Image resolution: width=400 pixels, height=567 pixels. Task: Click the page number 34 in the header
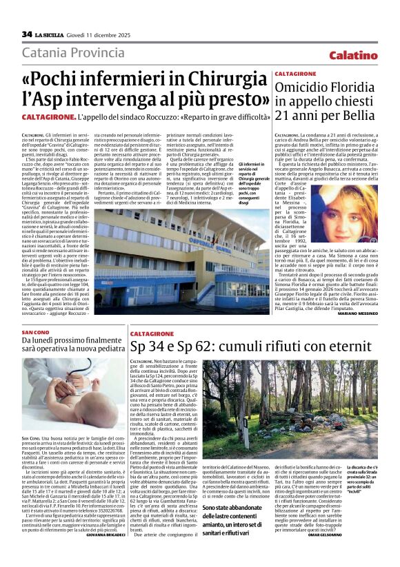27,34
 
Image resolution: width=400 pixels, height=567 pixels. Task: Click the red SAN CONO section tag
35,332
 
